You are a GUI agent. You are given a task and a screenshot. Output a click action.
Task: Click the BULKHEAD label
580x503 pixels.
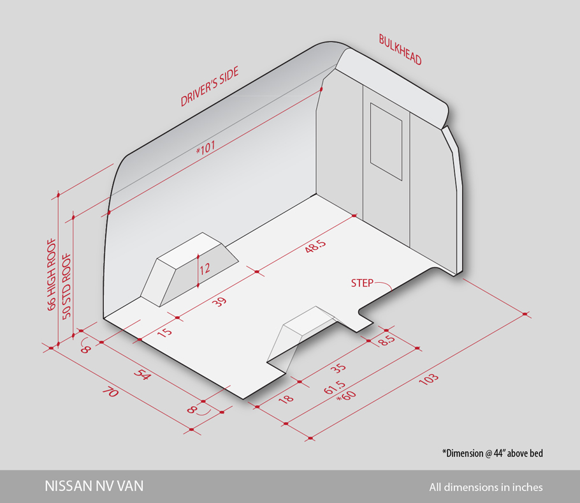coord(400,50)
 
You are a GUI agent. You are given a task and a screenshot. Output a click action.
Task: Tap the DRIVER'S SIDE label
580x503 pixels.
coord(209,86)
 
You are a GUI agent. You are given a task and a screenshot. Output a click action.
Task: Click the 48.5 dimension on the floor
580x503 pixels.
coord(315,246)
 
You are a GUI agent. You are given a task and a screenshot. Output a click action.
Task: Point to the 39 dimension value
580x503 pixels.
coord(219,302)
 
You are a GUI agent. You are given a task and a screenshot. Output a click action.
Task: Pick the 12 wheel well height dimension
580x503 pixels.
coord(205,269)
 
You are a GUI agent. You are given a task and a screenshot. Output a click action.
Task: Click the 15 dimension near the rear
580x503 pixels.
coord(164,331)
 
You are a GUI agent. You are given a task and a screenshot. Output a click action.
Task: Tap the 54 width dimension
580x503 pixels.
coord(142,374)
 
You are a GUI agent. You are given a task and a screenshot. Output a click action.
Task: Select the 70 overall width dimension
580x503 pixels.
coord(110,391)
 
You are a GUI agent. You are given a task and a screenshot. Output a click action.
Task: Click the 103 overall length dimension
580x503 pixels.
coord(429,379)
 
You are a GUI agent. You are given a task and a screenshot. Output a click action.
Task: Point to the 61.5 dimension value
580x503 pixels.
coord(335,387)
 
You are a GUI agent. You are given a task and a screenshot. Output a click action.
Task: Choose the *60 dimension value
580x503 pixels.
coord(346,396)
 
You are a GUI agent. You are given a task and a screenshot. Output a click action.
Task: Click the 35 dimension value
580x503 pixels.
coord(338,368)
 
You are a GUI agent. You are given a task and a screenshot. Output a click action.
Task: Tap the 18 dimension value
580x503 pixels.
coord(286,398)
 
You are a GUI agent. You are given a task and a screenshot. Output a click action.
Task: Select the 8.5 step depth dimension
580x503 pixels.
coord(388,340)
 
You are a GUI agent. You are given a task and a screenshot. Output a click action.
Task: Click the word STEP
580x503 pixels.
coord(362,283)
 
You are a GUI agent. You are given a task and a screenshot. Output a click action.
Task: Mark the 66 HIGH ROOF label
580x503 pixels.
coord(52,274)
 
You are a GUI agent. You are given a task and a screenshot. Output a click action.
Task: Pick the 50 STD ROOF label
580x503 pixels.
coord(66,286)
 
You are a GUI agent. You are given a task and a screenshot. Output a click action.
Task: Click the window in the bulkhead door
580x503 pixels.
coord(386,142)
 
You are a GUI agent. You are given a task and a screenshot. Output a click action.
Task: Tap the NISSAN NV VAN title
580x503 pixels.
coord(94,486)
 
